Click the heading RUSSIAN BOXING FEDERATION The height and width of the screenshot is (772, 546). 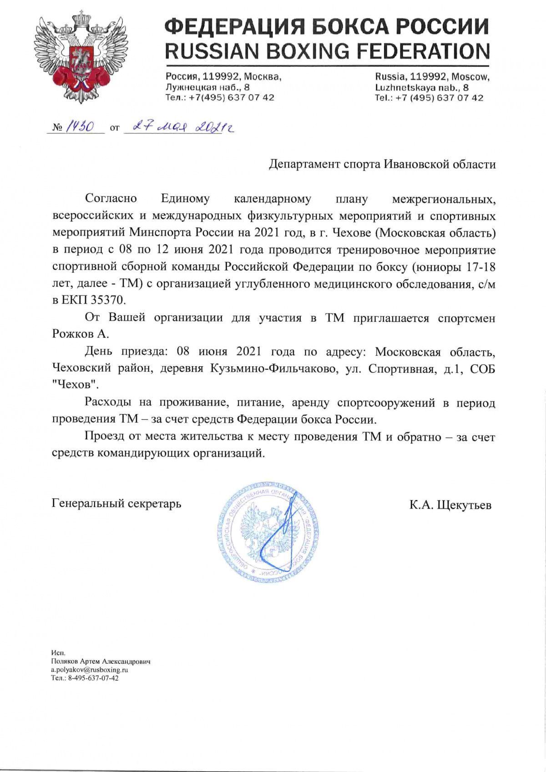click(x=327, y=51)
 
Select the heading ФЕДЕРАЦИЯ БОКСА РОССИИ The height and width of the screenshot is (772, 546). click(x=327, y=27)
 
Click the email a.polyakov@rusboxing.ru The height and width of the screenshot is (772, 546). click(x=89, y=670)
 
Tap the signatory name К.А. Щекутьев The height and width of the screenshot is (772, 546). click(x=450, y=505)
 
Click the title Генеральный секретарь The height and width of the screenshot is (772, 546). click(x=117, y=504)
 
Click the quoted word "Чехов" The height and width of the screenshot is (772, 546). click(x=75, y=385)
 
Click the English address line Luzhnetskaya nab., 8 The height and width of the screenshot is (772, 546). click(x=422, y=87)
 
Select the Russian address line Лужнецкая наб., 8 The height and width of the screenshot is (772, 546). click(x=207, y=87)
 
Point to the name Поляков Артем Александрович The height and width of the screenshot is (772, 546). click(x=101, y=661)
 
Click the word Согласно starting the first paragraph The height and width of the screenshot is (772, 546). click(x=111, y=199)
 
